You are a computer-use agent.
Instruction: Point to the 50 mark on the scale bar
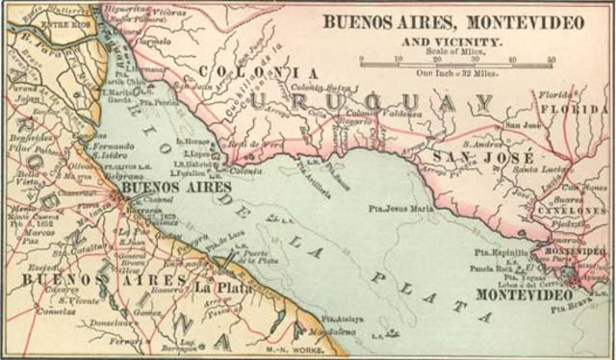551,60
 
